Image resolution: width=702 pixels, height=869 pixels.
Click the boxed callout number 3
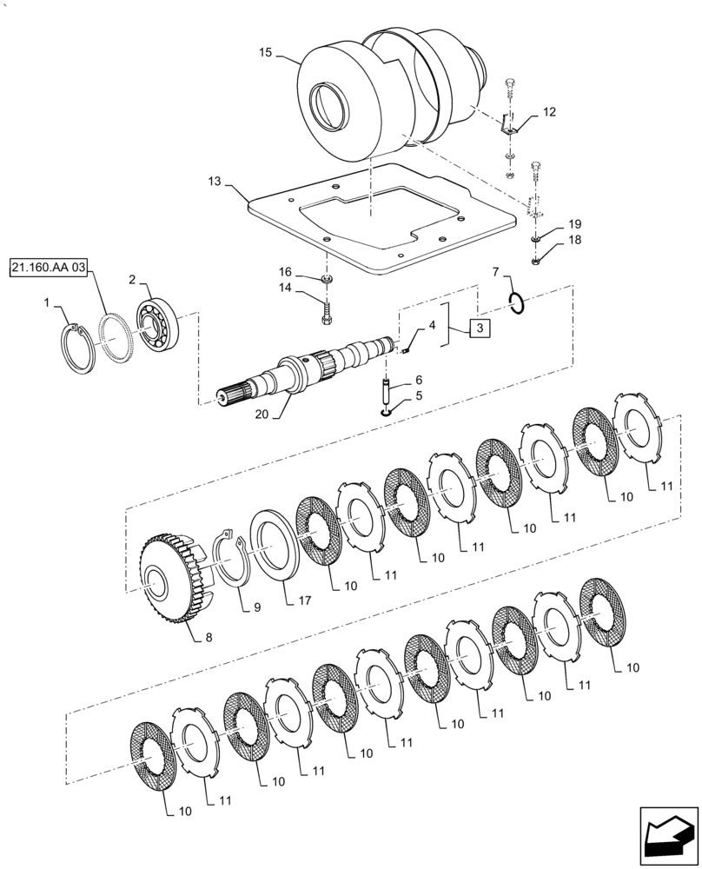coord(478,328)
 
